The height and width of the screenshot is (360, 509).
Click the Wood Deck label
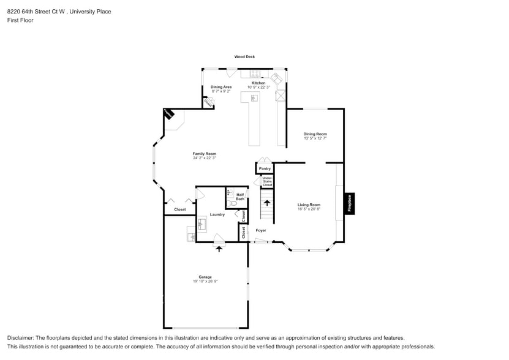pyautogui.click(x=244, y=57)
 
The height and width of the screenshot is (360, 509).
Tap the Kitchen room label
pyautogui.click(x=258, y=83)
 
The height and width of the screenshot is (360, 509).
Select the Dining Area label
pyautogui.click(x=221, y=87)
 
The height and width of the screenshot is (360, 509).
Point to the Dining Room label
pyautogui.click(x=315, y=133)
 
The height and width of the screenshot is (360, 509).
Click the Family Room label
pyautogui.click(x=205, y=154)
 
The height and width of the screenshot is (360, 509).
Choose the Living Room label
pyautogui.click(x=309, y=204)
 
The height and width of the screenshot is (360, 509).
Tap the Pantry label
pyautogui.click(x=265, y=168)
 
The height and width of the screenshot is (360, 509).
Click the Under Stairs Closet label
pyautogui.click(x=267, y=181)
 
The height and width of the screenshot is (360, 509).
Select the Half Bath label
pyautogui.click(x=240, y=197)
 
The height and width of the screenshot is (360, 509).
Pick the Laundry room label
pyautogui.click(x=217, y=214)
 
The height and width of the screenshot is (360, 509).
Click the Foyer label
pyautogui.click(x=261, y=230)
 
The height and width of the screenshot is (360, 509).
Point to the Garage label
pyautogui.click(x=205, y=277)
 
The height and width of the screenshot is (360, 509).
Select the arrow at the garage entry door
pyautogui.click(x=219, y=249)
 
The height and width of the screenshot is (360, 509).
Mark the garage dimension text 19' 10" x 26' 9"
pyautogui.click(x=205, y=282)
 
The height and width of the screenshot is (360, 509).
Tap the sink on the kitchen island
pyautogui.click(x=254, y=99)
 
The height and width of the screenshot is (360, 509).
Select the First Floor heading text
pyautogui.click(x=21, y=20)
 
